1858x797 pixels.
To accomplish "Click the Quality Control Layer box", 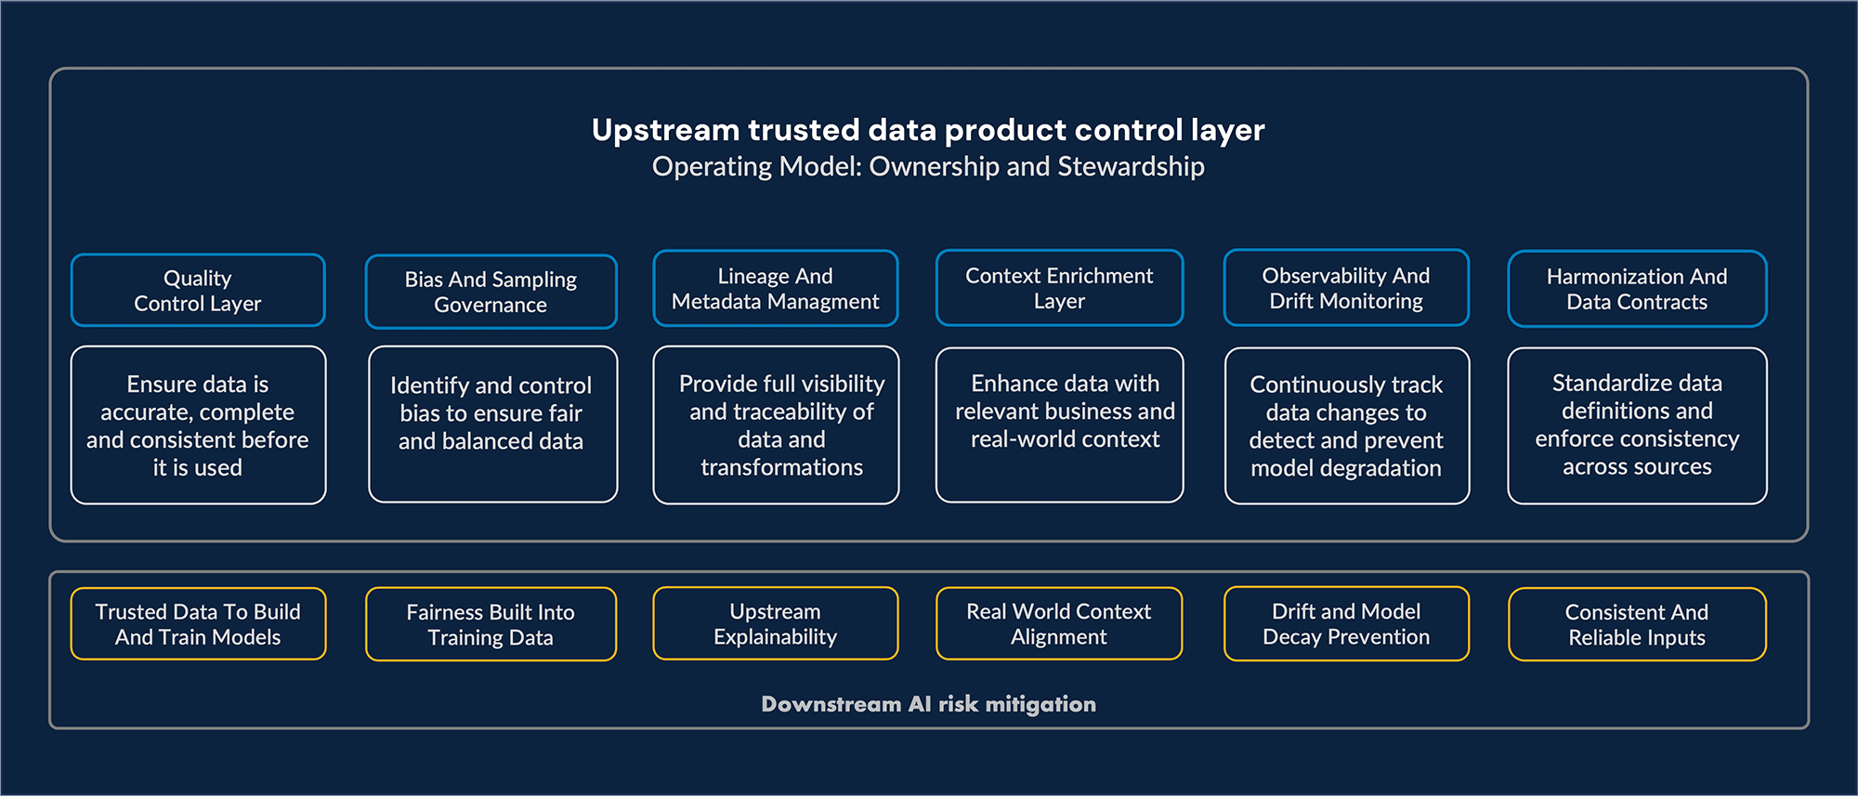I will click(x=198, y=291).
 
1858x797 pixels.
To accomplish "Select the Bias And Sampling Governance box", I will click(x=491, y=292).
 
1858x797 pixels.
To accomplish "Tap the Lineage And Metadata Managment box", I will click(x=775, y=289).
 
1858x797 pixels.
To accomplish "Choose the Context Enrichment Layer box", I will click(x=1059, y=288).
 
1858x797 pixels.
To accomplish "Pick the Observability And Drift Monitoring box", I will click(x=1346, y=288).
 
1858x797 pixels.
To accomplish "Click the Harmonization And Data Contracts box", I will click(x=1637, y=289).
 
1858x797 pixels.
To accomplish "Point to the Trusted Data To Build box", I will click(x=198, y=624).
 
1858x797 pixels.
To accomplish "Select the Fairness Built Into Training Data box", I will click(x=491, y=624).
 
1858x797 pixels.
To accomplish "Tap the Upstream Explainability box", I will click(x=775, y=623).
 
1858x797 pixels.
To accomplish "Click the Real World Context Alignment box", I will click(x=1059, y=623).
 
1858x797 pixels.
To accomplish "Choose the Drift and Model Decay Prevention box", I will click(x=1346, y=623).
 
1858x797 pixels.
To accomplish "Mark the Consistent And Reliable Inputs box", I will click(x=1637, y=624).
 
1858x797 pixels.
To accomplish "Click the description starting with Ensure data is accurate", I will click(x=198, y=425).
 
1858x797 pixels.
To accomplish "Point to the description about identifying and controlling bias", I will click(x=492, y=424).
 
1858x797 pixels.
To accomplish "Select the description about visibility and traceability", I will click(x=776, y=425).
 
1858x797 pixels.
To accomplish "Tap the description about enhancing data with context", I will click(x=1059, y=425).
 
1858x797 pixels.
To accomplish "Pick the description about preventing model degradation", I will click(x=1346, y=425).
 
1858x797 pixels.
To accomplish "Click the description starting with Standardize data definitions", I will click(x=1637, y=425).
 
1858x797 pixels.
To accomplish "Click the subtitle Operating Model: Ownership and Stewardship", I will click(x=928, y=166).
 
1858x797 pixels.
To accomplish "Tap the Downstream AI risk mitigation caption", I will click(x=928, y=704).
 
